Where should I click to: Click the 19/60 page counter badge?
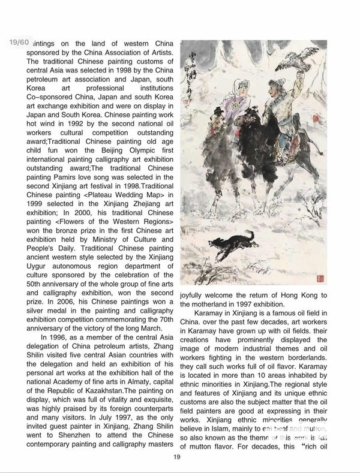pyautogui.click(x=19, y=42)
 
